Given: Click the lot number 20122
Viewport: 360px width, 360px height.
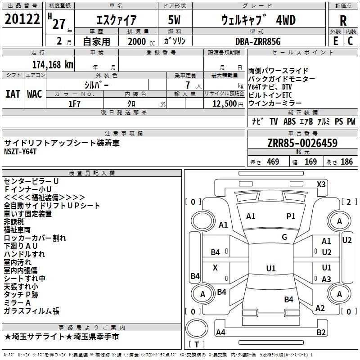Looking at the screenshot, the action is pyautogui.click(x=22, y=20).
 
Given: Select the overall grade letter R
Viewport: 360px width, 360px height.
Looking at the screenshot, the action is pyautogui.click(x=343, y=21).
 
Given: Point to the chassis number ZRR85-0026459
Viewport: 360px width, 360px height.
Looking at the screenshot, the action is pyautogui.click(x=302, y=144).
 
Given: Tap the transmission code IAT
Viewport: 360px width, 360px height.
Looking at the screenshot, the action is pyautogui.click(x=13, y=94).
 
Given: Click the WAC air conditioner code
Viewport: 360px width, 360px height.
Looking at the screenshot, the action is pyautogui.click(x=35, y=94).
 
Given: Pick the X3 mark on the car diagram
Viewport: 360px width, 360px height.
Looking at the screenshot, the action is pyautogui.click(x=321, y=184).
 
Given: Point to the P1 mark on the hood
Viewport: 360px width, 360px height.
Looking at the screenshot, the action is pyautogui.click(x=291, y=216).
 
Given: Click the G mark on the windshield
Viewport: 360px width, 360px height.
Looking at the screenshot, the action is pyautogui.click(x=284, y=237).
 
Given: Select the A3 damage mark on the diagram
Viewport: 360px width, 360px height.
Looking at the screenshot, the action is pyautogui.click(x=326, y=279).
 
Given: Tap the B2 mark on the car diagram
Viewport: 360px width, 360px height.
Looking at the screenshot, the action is pyautogui.click(x=321, y=333).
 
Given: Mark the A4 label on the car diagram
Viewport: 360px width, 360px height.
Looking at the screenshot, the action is pyautogui.click(x=221, y=333).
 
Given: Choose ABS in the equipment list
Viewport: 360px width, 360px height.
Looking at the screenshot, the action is pyautogui.click(x=289, y=121).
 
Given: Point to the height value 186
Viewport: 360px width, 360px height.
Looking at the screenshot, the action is pyautogui.click(x=346, y=162).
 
